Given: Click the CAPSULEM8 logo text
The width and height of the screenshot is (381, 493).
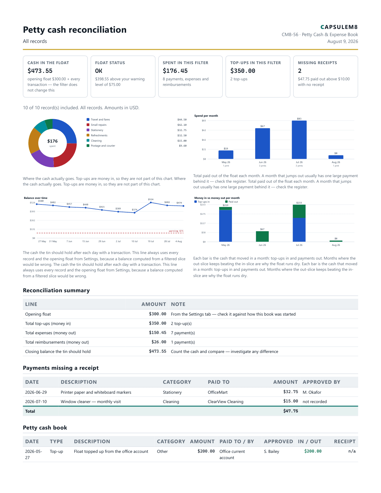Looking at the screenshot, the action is (x=339, y=27).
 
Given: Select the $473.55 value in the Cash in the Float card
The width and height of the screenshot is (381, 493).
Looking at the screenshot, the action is (x=40, y=71).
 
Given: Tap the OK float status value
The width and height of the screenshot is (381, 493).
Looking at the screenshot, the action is (x=99, y=71).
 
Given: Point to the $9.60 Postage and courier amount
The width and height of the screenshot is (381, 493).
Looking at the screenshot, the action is (x=183, y=146).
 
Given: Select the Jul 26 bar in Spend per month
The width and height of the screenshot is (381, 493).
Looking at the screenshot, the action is (x=299, y=140).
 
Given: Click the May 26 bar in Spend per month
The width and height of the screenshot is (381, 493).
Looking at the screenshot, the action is (x=226, y=155).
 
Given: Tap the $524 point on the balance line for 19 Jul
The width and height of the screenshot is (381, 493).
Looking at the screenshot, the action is (x=151, y=203).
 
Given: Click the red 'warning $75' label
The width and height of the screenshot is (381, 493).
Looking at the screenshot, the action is (x=176, y=231).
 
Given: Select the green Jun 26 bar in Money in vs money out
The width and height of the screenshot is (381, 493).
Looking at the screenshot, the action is (x=262, y=237).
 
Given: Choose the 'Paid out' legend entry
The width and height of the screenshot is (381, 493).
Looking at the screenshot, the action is (x=232, y=202).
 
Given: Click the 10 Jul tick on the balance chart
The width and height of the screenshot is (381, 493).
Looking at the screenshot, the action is (x=134, y=242).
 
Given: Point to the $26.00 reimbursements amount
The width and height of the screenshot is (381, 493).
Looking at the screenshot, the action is (x=159, y=342).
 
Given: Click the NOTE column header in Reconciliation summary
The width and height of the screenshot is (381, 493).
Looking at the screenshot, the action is (x=178, y=304).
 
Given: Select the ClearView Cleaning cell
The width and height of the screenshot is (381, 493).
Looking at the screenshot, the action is (x=226, y=401).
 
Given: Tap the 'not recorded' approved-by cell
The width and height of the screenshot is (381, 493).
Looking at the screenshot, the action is (x=315, y=401).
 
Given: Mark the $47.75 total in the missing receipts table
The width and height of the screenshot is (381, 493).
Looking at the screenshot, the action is (x=291, y=411).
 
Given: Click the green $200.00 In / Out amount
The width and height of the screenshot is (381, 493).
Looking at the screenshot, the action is (x=313, y=451).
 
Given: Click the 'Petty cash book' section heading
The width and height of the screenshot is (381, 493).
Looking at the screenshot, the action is (x=45, y=428).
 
